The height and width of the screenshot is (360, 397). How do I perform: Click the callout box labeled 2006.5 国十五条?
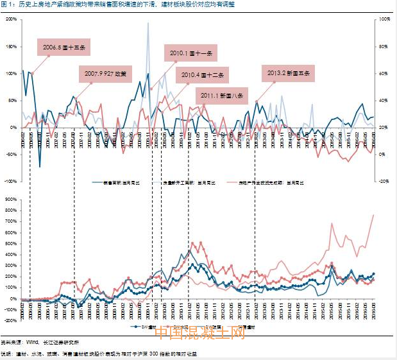click(x=67, y=47)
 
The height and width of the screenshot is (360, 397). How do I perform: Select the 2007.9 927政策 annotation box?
click(x=106, y=74)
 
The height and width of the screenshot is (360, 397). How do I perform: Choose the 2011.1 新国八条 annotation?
click(x=223, y=96)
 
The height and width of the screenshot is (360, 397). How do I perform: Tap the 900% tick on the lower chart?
click(x=10, y=200)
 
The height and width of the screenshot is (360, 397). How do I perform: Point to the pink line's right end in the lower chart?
click(x=374, y=215)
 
